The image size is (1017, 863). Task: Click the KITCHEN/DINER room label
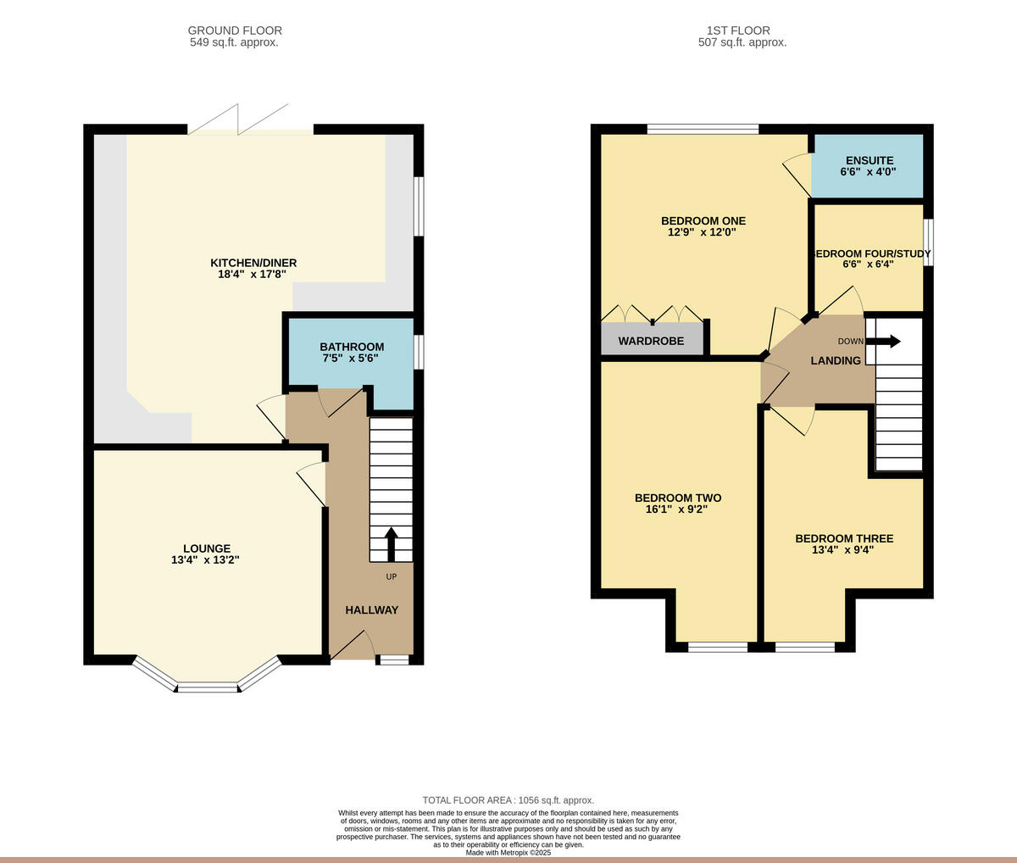click(253, 263)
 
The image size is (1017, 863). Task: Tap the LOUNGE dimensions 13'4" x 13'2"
click(205, 560)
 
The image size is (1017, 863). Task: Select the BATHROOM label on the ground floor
click(352, 347)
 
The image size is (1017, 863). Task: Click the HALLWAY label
click(371, 610)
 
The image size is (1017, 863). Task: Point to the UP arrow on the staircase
click(392, 544)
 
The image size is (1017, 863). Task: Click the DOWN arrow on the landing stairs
click(883, 341)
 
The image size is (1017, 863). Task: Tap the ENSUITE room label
click(870, 160)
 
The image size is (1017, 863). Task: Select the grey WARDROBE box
click(652, 339)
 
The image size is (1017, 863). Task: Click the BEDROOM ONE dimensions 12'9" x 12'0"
click(702, 232)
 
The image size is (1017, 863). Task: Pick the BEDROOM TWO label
click(678, 498)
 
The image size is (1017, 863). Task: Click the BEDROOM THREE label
click(844, 538)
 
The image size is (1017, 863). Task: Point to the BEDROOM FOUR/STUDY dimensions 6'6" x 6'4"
click(869, 264)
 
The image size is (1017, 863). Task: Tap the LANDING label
click(836, 361)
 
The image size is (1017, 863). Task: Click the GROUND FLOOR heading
click(235, 31)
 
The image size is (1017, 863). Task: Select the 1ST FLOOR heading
click(738, 31)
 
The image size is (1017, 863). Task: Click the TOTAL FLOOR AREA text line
click(508, 800)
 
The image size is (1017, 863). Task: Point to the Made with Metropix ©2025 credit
click(508, 853)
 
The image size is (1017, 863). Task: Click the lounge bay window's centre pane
click(208, 687)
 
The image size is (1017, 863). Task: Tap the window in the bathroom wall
click(418, 352)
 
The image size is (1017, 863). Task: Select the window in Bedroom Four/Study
click(928, 242)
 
